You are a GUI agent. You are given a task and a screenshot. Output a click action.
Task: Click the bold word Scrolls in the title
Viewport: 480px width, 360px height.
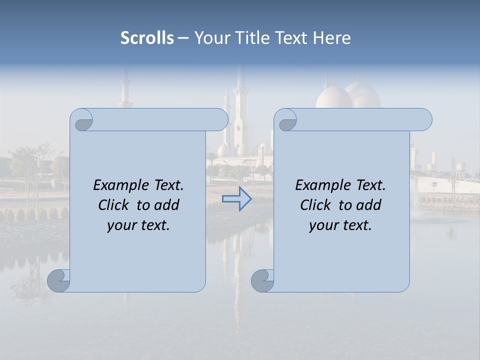tap(147, 38)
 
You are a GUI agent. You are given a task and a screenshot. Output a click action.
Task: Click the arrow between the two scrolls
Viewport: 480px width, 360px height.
tap(236, 198)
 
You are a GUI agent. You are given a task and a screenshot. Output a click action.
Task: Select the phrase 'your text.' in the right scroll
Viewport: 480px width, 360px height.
tap(340, 225)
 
